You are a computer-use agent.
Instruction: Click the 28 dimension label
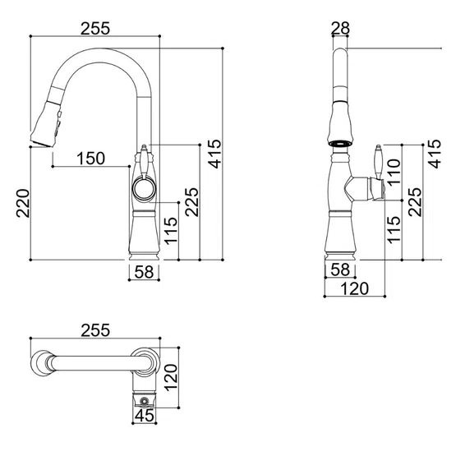(x=340, y=28)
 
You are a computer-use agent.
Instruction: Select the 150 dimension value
(x=90, y=159)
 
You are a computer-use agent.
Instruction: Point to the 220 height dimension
(x=23, y=203)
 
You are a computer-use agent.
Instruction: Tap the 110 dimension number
(x=394, y=172)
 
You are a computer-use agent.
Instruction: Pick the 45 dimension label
(x=145, y=415)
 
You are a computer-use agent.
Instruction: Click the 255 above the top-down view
(x=95, y=330)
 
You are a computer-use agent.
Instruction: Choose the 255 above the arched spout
(x=95, y=29)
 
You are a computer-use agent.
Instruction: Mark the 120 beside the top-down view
(x=171, y=377)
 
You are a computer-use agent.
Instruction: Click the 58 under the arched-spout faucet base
(x=144, y=272)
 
